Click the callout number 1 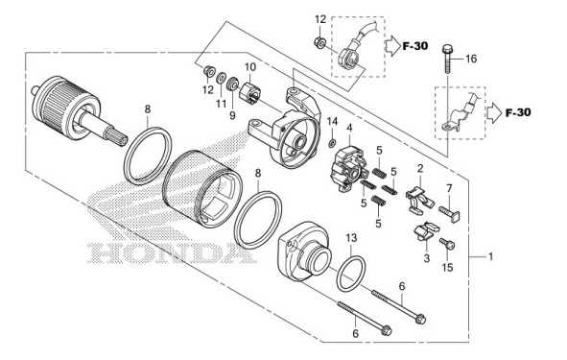pos(490,257)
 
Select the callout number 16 pos(471,60)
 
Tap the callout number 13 pos(351,237)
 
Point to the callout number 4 pos(350,128)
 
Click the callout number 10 pos(248,67)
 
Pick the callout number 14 pos(332,120)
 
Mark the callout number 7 pos(447,186)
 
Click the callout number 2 pos(419,169)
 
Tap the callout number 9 pos(232,115)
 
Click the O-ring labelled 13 pos(351,273)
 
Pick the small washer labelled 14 pos(332,144)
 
